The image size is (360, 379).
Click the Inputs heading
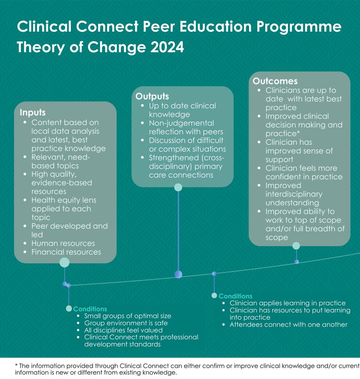(x=32, y=112)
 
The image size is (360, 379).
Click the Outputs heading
(x=152, y=96)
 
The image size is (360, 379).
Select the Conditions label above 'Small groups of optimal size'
(x=90, y=309)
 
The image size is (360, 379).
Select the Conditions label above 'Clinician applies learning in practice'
(x=235, y=296)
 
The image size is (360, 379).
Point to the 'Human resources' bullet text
(x=63, y=243)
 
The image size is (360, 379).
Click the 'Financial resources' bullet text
(x=66, y=252)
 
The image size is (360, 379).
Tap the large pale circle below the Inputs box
(x=64, y=262)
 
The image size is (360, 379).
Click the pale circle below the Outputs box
(x=178, y=187)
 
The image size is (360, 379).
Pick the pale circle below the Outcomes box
(x=296, y=245)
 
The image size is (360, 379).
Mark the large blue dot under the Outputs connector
(x=178, y=275)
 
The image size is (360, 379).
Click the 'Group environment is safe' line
(x=126, y=323)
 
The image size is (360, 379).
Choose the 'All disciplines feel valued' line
(x=123, y=330)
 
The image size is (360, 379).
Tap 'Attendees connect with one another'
(x=288, y=325)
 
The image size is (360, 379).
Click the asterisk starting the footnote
(x=16, y=365)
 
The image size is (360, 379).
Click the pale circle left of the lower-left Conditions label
(x=69, y=308)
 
